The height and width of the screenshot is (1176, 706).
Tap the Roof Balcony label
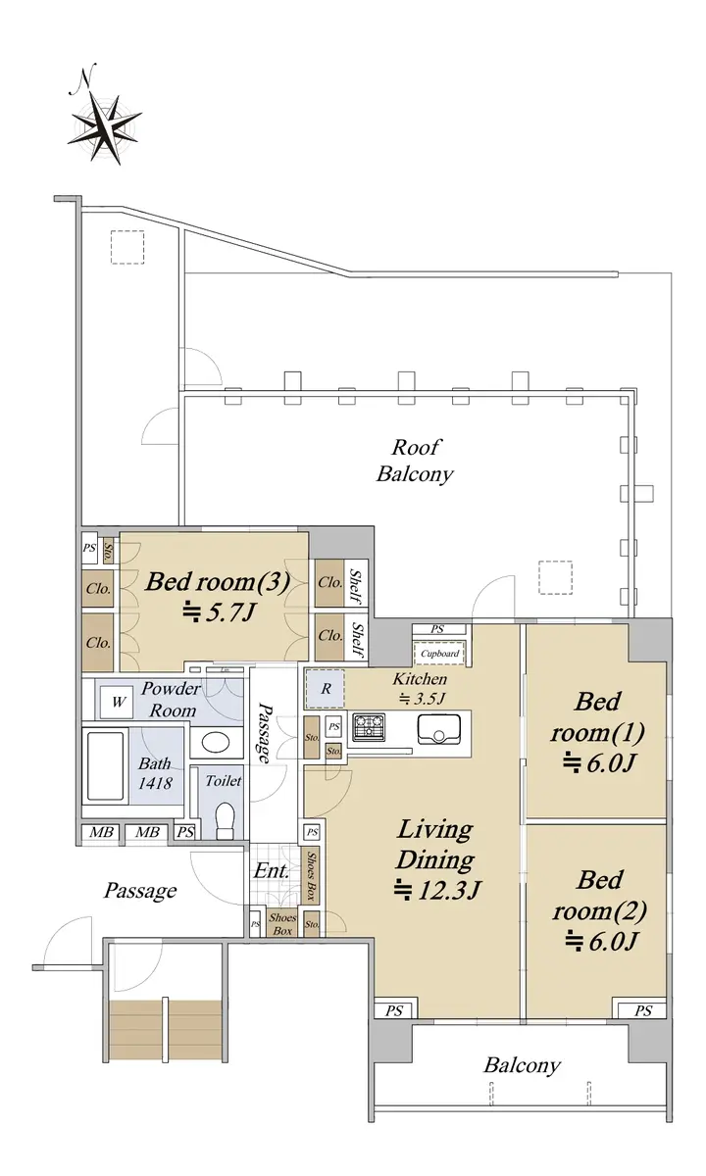(415, 461)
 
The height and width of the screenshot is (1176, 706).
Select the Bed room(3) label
(218, 582)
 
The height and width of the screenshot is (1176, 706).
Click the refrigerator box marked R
(326, 689)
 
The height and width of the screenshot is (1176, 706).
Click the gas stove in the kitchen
(369, 726)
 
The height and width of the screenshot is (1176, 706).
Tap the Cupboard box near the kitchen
(439, 654)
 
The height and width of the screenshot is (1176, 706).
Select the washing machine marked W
(119, 702)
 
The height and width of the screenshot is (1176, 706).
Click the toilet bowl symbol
(226, 820)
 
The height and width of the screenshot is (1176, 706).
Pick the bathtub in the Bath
(106, 766)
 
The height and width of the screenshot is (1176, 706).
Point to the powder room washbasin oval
(216, 743)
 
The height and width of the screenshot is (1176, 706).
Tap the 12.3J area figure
(437, 890)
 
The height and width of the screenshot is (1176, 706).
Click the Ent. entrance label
(271, 871)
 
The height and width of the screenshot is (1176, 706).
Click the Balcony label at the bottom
(522, 1066)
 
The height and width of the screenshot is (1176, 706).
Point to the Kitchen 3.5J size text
(421, 688)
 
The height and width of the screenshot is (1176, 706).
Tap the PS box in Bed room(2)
(642, 1011)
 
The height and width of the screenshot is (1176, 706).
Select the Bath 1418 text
(155, 773)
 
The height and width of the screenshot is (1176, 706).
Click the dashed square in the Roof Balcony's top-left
(127, 247)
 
